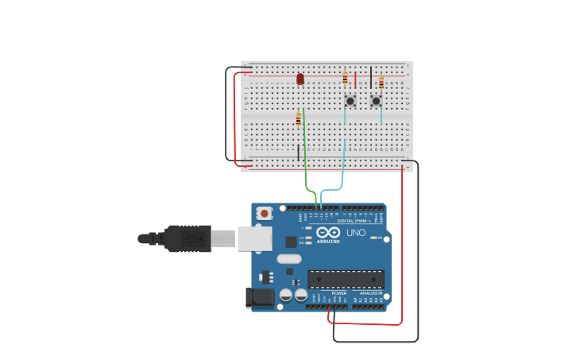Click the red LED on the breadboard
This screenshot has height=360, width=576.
pos(300,79)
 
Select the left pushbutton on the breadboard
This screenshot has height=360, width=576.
pos(350,101)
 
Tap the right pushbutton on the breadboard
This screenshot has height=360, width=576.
pos(376,101)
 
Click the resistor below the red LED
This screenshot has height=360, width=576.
pos(299,120)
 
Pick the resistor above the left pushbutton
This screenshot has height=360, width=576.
pos(345,78)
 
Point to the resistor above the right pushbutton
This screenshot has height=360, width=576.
pos(381,83)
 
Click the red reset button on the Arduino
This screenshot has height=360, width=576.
pos(265,213)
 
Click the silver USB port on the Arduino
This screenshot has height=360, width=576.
pos(254,238)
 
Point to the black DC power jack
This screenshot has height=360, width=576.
pos(260,298)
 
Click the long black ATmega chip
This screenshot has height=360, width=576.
pos(346,279)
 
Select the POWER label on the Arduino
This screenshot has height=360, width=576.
pos(339,293)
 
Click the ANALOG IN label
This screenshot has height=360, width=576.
pos(369,293)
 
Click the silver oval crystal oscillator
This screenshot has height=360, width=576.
pos(289,258)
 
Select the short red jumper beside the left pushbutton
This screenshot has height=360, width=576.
pos(355,79)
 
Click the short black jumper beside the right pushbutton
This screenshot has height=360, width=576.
pos(371,77)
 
